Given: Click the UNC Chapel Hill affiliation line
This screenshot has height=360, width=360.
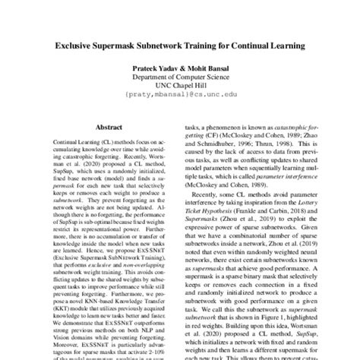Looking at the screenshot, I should [179, 87].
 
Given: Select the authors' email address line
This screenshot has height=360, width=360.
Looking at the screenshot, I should [179, 97].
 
